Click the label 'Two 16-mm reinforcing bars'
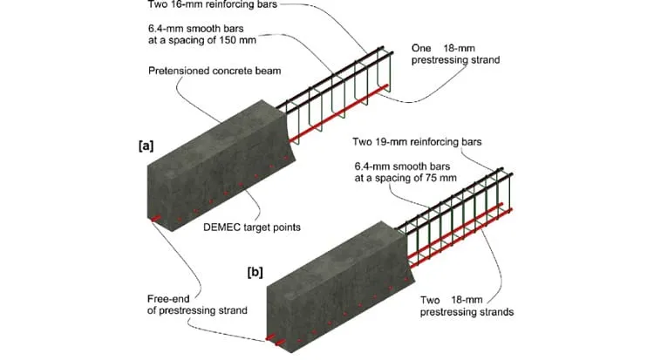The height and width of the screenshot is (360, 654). [212, 4]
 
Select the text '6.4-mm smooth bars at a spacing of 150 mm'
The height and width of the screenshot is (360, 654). [202, 35]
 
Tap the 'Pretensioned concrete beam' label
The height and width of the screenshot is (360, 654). [215, 71]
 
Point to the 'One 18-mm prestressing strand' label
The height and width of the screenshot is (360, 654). [455, 54]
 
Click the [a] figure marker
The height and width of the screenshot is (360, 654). [146, 146]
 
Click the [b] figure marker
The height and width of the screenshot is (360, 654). [255, 273]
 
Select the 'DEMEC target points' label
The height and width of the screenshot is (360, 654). [252, 228]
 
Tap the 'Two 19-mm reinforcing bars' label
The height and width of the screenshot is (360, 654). [417, 142]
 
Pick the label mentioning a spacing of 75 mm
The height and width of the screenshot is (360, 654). [405, 173]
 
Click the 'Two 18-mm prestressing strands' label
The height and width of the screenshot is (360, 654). [467, 306]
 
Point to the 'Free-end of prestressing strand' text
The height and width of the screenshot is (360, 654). [197, 305]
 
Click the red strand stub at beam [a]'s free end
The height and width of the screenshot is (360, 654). [155, 219]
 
